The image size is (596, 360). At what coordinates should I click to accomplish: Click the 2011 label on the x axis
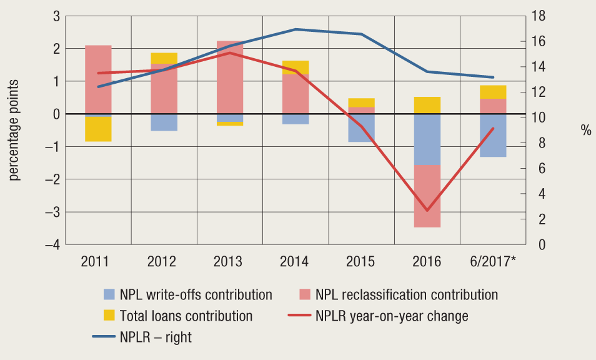[98, 261]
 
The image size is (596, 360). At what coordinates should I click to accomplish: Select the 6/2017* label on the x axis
[494, 261]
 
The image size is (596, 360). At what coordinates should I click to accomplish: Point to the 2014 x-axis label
[296, 261]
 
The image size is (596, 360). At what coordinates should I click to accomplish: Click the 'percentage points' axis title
[14, 130]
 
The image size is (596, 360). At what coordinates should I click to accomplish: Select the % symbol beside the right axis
[585, 131]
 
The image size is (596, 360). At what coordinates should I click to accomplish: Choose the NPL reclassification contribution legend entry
[406, 294]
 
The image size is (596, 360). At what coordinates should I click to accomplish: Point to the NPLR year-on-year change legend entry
[392, 316]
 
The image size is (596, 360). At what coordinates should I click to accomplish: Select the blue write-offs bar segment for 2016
[427, 139]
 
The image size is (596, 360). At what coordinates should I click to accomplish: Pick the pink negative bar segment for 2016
[427, 196]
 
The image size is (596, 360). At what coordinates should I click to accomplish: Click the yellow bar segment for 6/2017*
[494, 92]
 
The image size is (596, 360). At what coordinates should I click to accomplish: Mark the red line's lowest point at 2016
[427, 211]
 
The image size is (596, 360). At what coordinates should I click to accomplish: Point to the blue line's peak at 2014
[296, 29]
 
